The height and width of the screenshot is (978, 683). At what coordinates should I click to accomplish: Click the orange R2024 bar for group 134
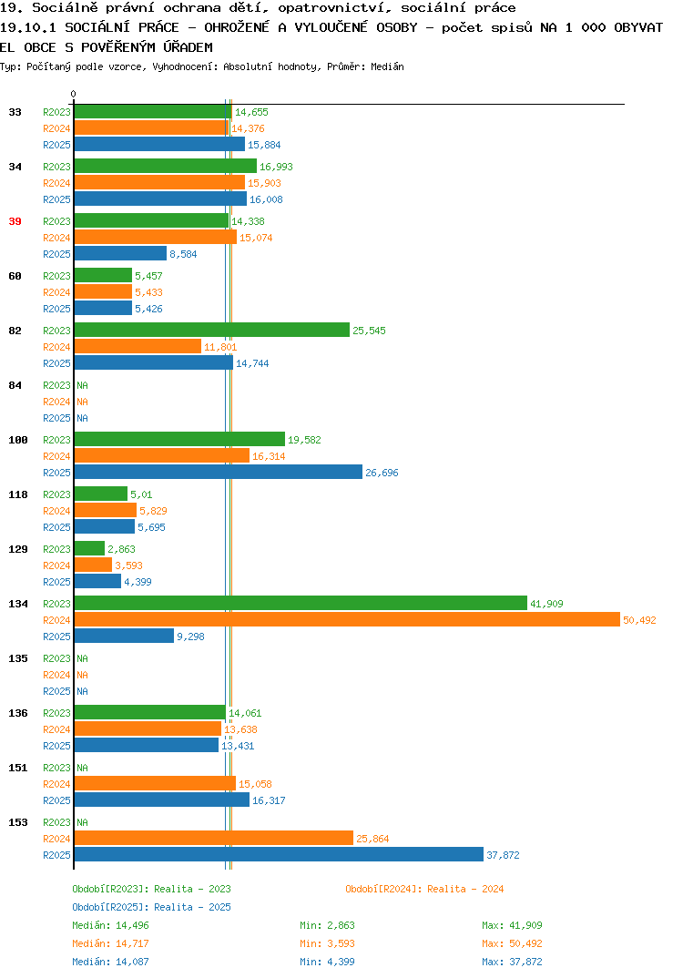pyautogui.click(x=348, y=619)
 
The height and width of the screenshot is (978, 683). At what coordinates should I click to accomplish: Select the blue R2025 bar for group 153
pyautogui.click(x=279, y=854)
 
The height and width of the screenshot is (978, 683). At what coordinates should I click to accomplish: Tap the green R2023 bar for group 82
pyautogui.click(x=212, y=330)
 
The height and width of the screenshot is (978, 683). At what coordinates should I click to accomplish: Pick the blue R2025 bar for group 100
pyautogui.click(x=219, y=473)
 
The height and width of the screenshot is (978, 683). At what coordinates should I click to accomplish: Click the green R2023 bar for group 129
pyautogui.click(x=90, y=548)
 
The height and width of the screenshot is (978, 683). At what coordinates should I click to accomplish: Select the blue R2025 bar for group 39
pyautogui.click(x=121, y=253)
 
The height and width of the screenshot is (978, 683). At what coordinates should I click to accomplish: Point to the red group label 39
pyautogui.click(x=15, y=221)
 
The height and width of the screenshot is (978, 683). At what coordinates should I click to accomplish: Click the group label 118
pyautogui.click(x=18, y=494)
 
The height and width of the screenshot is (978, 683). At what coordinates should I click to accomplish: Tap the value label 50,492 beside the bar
pyautogui.click(x=639, y=620)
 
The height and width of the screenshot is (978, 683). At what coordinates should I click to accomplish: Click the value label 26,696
pyautogui.click(x=382, y=473)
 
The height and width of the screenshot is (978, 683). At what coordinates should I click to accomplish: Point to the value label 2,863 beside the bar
pyautogui.click(x=121, y=549)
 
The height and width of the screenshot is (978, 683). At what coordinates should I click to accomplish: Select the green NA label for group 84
pyautogui.click(x=82, y=385)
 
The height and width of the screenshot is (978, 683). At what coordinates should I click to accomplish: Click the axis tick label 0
pyautogui.click(x=73, y=94)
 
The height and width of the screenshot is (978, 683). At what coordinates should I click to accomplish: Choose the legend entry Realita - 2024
pyautogui.click(x=424, y=889)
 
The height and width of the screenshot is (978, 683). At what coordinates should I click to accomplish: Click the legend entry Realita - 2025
pyautogui.click(x=151, y=907)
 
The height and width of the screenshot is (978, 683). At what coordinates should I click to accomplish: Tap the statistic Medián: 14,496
pyautogui.click(x=110, y=925)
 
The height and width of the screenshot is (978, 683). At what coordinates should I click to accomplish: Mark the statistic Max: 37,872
pyautogui.click(x=512, y=962)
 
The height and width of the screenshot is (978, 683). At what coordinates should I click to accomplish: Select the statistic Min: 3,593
pyautogui.click(x=327, y=943)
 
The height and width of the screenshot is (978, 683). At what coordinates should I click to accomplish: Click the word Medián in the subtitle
pyautogui.click(x=387, y=66)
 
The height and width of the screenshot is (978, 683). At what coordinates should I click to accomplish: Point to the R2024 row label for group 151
pyautogui.click(x=56, y=784)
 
